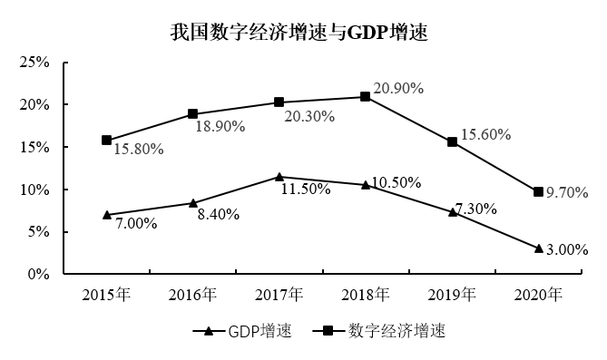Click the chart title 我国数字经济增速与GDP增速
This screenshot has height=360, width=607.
point(299,34)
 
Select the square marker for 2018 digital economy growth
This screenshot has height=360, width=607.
point(366,96)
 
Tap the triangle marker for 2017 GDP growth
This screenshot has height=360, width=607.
point(279,177)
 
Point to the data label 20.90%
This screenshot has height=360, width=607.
point(398,89)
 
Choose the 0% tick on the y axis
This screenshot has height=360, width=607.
point(36,274)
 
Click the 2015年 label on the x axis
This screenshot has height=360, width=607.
point(107,295)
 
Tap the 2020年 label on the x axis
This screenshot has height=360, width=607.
point(538,295)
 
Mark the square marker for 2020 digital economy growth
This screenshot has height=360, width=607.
point(538,191)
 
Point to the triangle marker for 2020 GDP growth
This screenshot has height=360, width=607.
point(538,248)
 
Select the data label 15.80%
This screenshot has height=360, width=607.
point(139,150)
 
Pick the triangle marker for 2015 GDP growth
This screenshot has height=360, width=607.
point(107,215)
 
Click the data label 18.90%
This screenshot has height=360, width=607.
point(220,127)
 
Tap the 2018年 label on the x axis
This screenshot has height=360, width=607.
point(366,295)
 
